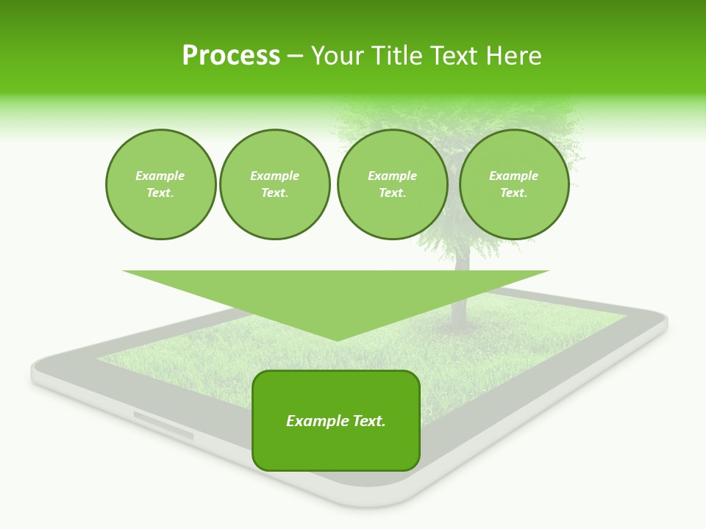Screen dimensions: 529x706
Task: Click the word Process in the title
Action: (231, 56)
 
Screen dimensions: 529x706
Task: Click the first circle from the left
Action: (160, 184)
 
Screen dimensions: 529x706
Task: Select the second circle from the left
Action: (274, 184)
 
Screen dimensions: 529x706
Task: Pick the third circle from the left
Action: (392, 184)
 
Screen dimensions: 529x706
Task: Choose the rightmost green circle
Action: (514, 184)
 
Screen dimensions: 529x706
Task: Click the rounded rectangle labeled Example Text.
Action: (336, 420)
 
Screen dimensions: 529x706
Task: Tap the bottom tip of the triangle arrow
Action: (337, 339)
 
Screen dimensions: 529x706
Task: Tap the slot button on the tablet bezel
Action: (163, 426)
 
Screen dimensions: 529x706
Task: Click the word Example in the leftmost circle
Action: (160, 176)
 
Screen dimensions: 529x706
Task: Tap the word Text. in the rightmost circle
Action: (514, 193)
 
